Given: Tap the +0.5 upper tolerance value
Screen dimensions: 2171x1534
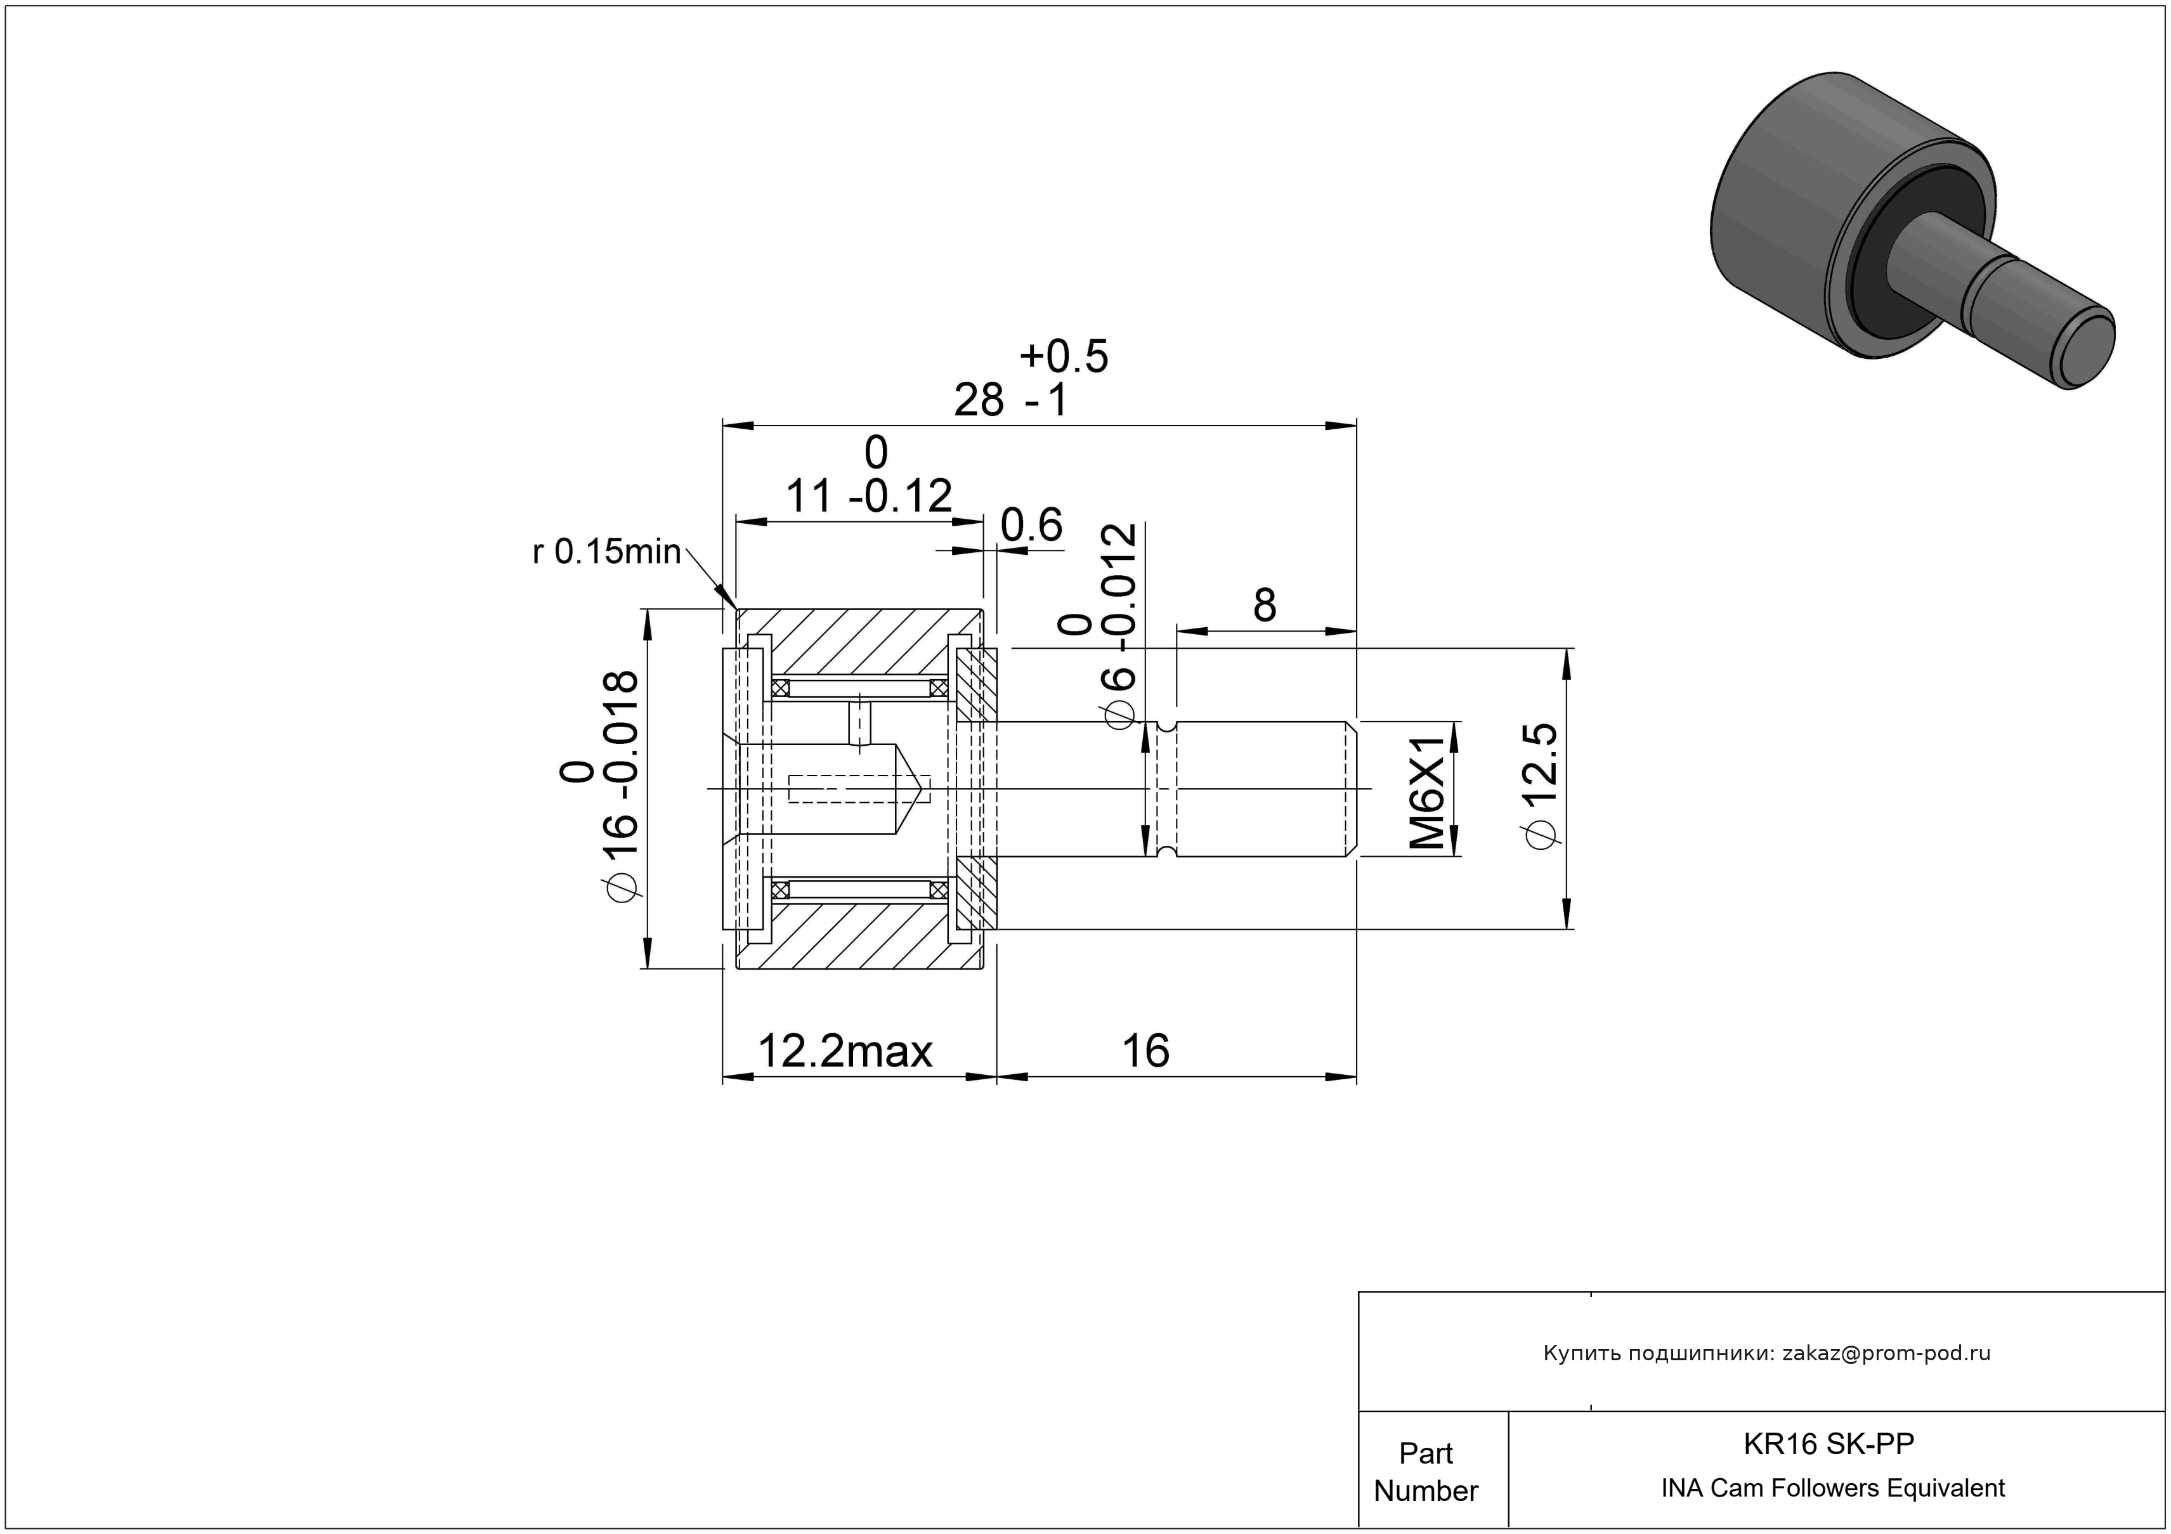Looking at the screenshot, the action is tap(1064, 356).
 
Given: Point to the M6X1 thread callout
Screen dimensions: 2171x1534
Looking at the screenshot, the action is tap(1428, 788).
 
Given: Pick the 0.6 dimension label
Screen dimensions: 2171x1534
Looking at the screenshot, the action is tap(1032, 526).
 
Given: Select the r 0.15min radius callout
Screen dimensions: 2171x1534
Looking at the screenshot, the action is tap(606, 551).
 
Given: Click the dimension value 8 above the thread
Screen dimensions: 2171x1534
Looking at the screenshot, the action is tap(1264, 605).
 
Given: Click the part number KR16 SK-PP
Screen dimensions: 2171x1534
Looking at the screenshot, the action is tap(1829, 1443).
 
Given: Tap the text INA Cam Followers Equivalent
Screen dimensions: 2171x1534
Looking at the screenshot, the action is tap(1832, 1488).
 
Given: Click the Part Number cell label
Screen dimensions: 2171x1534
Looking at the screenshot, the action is tap(1426, 1472).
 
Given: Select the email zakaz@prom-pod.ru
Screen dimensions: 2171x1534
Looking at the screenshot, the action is tap(1886, 1353).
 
